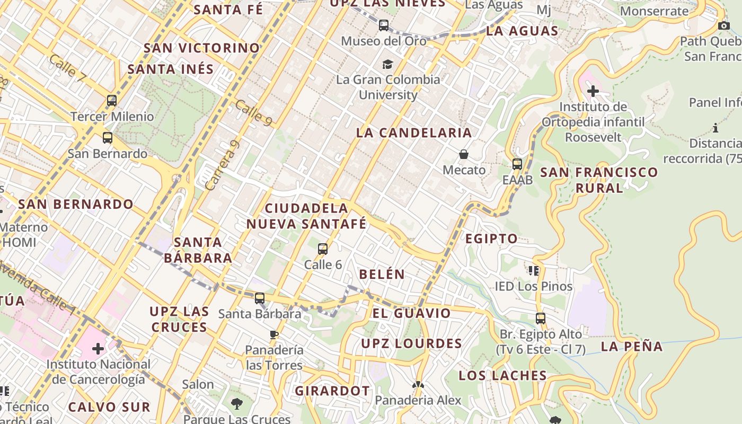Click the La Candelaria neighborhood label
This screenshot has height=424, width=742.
413,132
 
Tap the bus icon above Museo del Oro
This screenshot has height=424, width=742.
384,25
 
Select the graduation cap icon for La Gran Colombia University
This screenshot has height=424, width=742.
388,64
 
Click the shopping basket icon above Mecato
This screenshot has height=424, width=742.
464,154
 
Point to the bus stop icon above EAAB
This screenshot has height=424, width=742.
517,164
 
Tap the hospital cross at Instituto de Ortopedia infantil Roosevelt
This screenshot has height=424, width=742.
593,91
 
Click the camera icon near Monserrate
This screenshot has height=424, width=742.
723,25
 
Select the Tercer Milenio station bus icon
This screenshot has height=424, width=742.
112,100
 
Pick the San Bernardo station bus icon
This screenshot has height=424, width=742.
108,138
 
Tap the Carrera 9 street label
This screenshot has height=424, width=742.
222,165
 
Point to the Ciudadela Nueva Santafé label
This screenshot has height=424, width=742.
306,216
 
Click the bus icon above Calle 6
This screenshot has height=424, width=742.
323,249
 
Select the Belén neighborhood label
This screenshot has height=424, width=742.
382,274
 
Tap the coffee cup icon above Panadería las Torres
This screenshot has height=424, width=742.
274,334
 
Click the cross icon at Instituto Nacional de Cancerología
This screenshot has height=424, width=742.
98,349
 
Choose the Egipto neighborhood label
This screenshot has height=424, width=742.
491,238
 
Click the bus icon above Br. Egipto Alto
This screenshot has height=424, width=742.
541,319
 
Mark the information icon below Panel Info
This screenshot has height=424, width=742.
715,128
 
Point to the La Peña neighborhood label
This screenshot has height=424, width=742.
632,347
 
